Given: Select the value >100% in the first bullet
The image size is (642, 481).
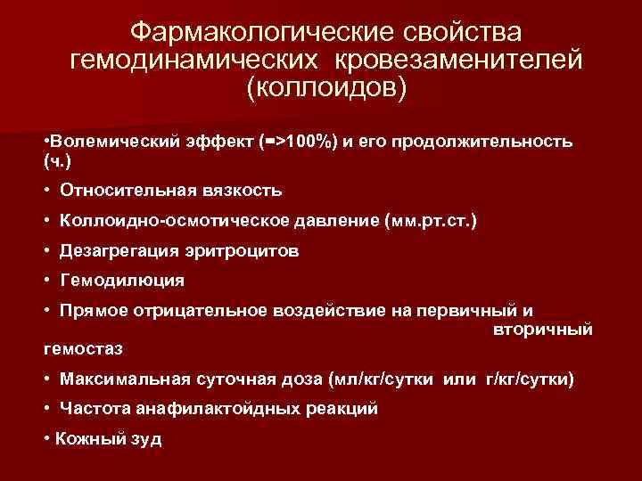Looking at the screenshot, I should [299, 143].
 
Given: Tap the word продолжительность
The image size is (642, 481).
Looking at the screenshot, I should [494, 143].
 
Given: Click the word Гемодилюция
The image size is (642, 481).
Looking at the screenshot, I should [122, 281].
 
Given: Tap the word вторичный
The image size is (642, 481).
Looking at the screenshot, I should [542, 330].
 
